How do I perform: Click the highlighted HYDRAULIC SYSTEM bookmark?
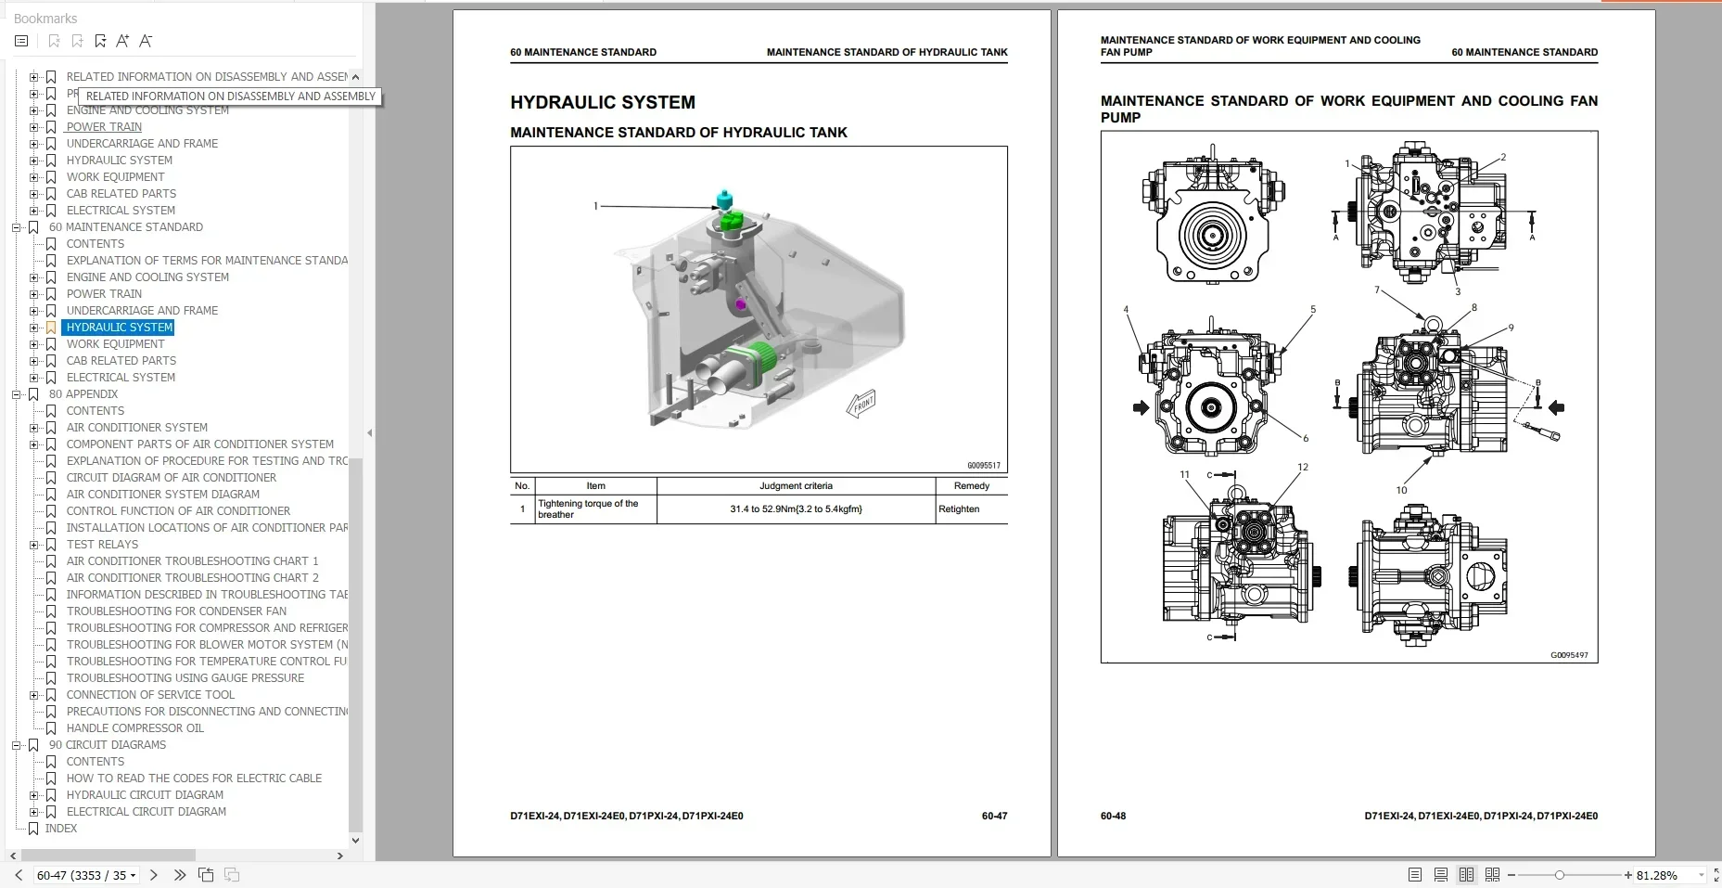120,328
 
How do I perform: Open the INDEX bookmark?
61,829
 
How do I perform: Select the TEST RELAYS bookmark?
102,545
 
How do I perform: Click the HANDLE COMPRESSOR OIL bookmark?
134,728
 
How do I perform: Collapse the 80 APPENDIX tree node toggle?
16,394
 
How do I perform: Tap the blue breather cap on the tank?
724,199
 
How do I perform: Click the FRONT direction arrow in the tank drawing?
861,405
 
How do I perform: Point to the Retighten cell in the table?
959,509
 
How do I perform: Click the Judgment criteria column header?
796,486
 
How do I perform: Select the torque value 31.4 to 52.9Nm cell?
796,509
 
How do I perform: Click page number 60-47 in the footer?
994,817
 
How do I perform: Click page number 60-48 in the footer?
1113,817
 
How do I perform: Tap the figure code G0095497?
1569,655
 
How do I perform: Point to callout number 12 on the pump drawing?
1303,468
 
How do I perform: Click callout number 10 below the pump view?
1401,490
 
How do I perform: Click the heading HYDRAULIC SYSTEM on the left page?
603,103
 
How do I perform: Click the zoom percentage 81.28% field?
1657,875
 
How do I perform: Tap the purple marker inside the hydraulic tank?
740,303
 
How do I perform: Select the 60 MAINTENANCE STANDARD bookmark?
125,227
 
